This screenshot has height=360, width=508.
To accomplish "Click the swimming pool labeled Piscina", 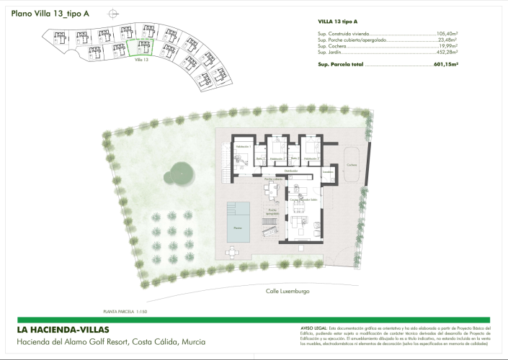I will point(239,221).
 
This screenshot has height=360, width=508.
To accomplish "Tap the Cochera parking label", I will point(352,165).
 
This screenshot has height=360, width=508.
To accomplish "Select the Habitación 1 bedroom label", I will point(241,147).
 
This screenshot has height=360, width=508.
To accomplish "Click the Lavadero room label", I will point(326,173).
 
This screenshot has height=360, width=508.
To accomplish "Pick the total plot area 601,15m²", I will point(447,64).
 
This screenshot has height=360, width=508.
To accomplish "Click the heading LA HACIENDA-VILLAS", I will point(63,330).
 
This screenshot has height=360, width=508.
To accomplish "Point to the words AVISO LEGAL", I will point(311,327).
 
